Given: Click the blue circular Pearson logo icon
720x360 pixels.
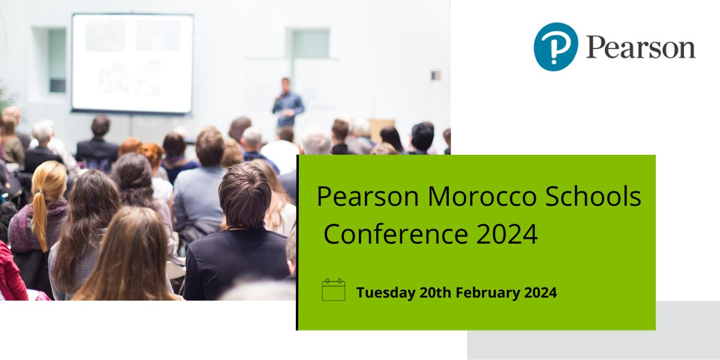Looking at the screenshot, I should pos(556,47).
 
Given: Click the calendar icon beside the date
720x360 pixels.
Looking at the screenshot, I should pos(334,290).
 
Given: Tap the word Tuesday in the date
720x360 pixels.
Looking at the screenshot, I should pos(385,293).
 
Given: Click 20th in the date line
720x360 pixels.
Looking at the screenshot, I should pos(435,293).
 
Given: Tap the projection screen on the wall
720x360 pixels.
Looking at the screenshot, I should pos(132,63).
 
